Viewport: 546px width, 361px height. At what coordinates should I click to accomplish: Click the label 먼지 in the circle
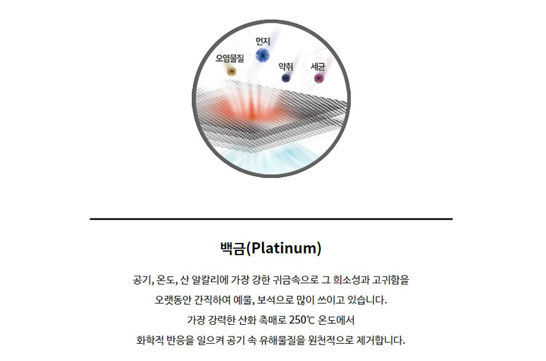[x=263, y=42]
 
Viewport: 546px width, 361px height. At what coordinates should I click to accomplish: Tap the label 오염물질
[x=230, y=58]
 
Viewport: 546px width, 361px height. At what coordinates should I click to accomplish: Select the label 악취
[x=285, y=66]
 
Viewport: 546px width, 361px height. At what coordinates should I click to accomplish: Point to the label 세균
[x=317, y=66]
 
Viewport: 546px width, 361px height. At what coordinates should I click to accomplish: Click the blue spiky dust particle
[x=262, y=55]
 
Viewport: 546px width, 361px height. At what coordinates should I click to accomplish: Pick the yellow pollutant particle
[x=231, y=72]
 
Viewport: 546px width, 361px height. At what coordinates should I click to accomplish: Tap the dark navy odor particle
[x=286, y=78]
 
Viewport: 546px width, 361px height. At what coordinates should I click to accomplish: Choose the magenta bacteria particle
[x=319, y=78]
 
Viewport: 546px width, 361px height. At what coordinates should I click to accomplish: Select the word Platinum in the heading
[x=283, y=248]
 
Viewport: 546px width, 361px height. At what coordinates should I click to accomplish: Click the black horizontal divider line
[x=271, y=219]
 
